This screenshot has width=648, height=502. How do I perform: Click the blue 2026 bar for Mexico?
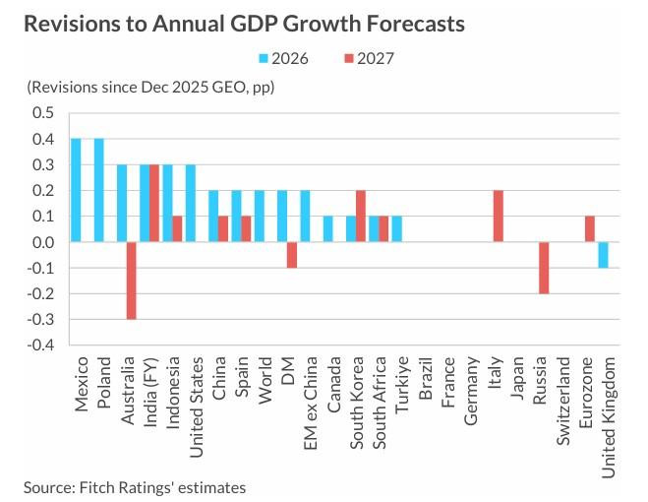(x=76, y=190)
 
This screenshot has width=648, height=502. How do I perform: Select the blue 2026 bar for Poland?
(x=98, y=190)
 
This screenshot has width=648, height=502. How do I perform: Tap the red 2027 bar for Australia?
(x=132, y=281)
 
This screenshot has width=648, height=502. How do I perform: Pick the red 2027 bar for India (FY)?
(x=154, y=203)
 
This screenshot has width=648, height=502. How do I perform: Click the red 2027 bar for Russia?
(x=544, y=268)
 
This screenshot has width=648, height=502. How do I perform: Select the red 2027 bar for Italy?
(x=498, y=216)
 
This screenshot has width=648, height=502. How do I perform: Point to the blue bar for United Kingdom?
(x=602, y=254)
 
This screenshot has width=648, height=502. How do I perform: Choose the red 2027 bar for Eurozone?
(x=590, y=228)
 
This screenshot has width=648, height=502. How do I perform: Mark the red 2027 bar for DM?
(x=292, y=254)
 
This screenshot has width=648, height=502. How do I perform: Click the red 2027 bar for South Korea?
(x=361, y=216)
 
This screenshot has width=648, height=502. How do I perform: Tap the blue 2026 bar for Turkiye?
(x=396, y=228)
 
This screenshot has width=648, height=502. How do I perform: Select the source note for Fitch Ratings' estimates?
(x=135, y=486)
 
